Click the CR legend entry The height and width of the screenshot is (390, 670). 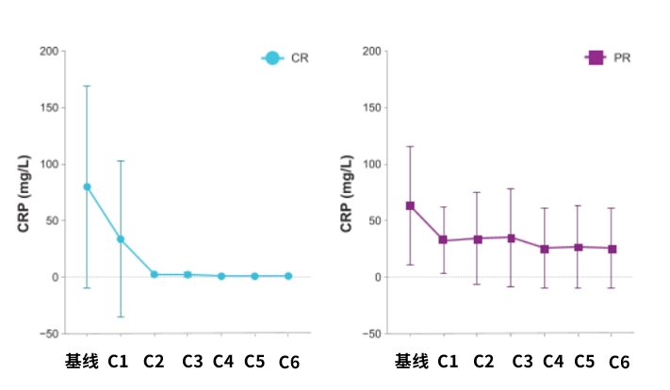click(x=286, y=58)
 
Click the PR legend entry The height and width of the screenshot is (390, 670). click(x=608, y=58)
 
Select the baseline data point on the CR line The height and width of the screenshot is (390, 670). click(x=87, y=187)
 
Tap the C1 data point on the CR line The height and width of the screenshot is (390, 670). click(x=121, y=239)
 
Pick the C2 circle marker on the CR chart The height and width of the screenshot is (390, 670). click(x=154, y=274)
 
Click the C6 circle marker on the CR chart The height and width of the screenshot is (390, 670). click(x=288, y=276)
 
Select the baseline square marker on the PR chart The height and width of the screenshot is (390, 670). click(x=410, y=205)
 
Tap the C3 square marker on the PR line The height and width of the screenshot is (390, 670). click(x=511, y=237)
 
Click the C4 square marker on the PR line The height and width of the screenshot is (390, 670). click(x=544, y=249)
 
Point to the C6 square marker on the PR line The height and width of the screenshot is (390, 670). click(x=612, y=249)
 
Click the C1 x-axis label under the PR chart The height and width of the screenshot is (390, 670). click(x=449, y=361)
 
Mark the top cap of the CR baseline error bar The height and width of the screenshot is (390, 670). click(x=87, y=86)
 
